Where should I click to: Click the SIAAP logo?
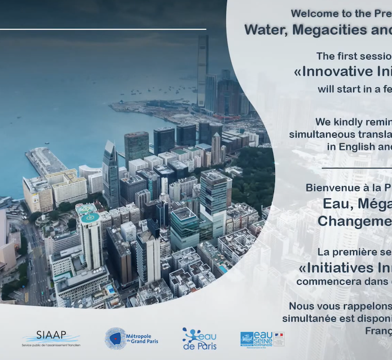[51, 338]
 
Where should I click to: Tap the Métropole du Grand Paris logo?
[131, 338]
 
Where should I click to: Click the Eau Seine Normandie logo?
[262, 338]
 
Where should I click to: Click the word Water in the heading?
[266, 30]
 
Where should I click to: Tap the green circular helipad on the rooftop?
[90, 218]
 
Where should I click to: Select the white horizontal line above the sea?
[103, 29]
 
